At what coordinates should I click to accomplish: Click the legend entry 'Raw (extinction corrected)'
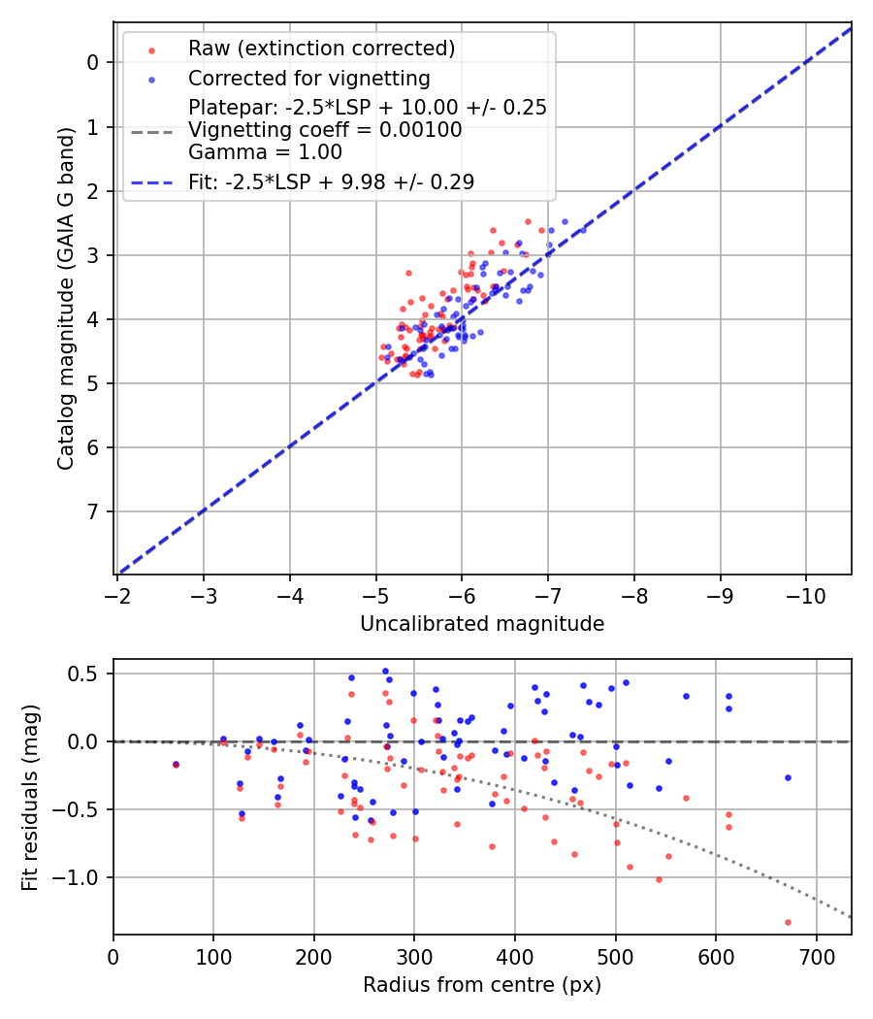pos(321,49)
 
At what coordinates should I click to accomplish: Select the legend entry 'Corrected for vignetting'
pos(308,78)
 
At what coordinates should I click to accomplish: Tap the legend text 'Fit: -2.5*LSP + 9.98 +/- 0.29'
pos(331,181)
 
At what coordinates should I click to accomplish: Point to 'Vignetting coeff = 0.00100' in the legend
pos(325,130)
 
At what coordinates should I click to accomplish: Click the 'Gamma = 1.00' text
pos(265,152)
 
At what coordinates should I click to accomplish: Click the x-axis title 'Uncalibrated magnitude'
pos(482,624)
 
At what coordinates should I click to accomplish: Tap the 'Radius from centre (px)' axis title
pos(482,985)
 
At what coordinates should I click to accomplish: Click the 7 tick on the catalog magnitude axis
pos(93,511)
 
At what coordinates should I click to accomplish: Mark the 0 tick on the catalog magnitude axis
pos(93,63)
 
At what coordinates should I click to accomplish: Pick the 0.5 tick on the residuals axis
pos(89,674)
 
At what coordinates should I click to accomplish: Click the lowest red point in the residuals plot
pos(788,922)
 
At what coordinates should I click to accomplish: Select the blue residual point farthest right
pos(788,777)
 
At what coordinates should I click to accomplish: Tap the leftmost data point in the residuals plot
pos(176,765)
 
